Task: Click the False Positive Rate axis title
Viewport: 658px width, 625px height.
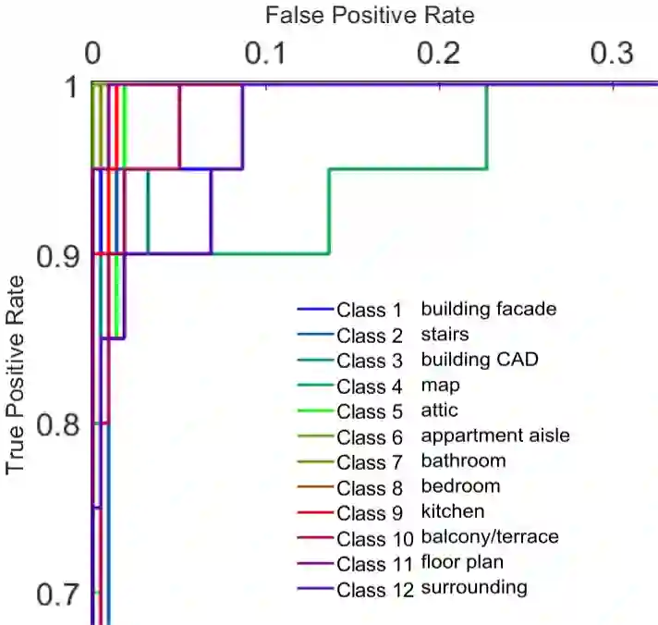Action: [370, 15]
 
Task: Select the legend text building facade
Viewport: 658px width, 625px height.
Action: [489, 309]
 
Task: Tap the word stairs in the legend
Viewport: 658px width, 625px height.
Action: [445, 334]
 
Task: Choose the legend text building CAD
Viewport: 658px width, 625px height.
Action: [479, 359]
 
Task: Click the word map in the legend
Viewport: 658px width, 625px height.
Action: [441, 385]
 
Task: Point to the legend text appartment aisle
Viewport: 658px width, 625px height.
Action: [495, 435]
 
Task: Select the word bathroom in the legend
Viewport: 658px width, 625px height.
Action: [463, 460]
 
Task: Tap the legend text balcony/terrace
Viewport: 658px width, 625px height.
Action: [490, 536]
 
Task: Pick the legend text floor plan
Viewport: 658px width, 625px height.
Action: [463, 562]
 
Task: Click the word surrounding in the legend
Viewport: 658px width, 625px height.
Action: [474, 587]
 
